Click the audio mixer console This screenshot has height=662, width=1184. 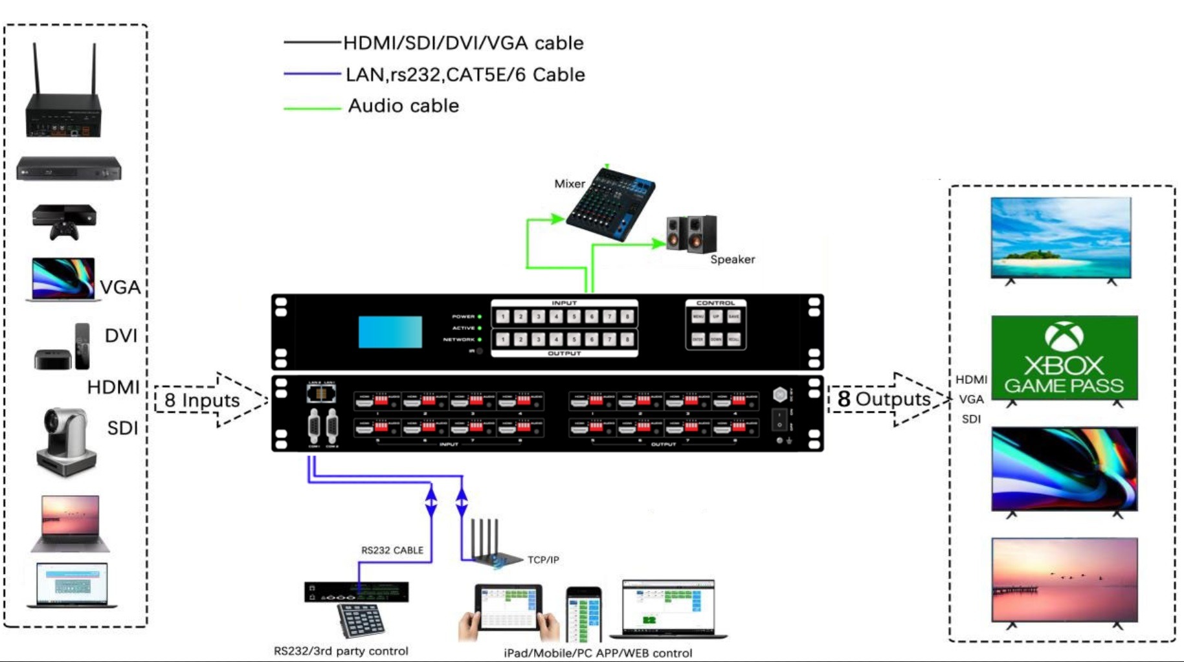coord(610,204)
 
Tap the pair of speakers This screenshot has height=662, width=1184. coord(691,234)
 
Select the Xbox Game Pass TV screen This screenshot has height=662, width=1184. coord(1064,358)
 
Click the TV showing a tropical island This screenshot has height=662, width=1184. coord(1061,237)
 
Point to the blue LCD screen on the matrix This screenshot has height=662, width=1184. coord(390,332)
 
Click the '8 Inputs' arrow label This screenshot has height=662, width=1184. coord(202,400)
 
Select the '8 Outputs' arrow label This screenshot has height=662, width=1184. coord(884,399)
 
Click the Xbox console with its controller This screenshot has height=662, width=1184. coord(63,221)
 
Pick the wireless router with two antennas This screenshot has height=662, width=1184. coord(63,97)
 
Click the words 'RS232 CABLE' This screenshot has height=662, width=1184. coord(392,550)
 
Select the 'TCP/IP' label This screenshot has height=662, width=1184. coord(543,560)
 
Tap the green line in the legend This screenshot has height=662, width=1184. coord(312,107)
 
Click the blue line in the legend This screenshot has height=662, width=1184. coord(312,74)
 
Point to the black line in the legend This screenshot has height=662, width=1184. coord(312,43)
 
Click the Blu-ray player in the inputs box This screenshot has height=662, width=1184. coord(69,169)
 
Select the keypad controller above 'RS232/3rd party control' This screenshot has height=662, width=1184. coord(361,620)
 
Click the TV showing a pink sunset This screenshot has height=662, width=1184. coord(1064,579)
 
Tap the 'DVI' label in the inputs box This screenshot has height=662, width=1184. coord(121,335)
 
